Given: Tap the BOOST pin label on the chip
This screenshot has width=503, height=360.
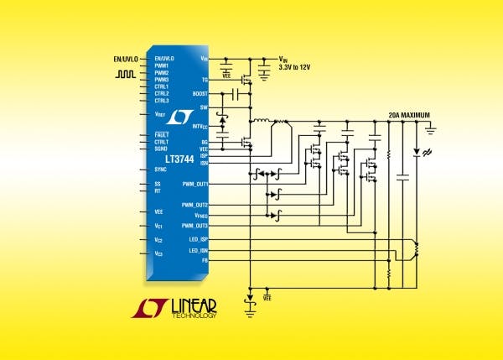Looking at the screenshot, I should coord(199,93).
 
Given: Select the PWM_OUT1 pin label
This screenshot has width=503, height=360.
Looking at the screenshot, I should coord(194,183).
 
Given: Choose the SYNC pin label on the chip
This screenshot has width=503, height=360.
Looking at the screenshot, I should coord(161,170).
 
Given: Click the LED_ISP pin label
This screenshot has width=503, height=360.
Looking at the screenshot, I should coord(197,238).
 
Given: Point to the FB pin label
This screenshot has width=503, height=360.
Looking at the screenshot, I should coord(204,260).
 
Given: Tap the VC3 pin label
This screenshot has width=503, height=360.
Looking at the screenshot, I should coord(158,253).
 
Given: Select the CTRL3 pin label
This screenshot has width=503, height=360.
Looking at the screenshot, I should coord(162,100).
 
